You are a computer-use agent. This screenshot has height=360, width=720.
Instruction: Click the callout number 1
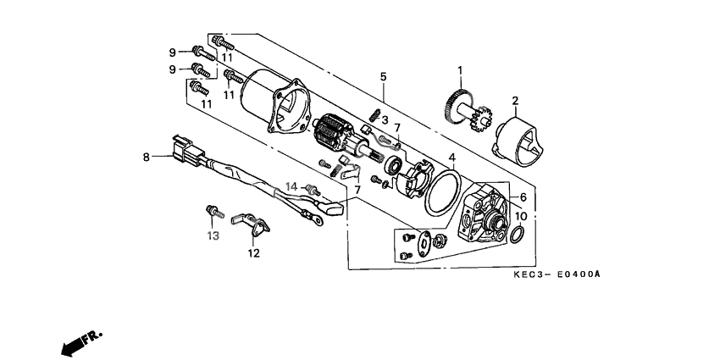[461, 70]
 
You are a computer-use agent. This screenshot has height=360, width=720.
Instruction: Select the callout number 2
[514, 102]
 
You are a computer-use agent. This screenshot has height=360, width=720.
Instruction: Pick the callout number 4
[452, 158]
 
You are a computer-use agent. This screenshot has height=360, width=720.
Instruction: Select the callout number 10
[521, 216]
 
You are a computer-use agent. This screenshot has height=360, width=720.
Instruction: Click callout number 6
[522, 197]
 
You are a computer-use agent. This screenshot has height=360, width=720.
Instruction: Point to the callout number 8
[147, 156]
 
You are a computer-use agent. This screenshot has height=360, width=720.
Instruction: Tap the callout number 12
[253, 252]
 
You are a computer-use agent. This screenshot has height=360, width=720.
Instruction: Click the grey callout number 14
[291, 186]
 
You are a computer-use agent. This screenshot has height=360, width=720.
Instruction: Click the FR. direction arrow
[80, 342]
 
